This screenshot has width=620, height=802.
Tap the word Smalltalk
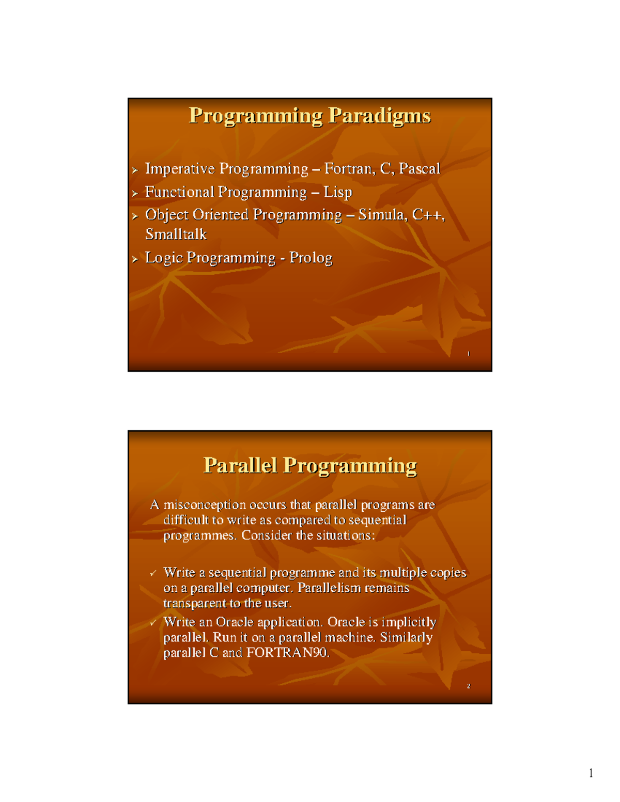click(176, 234)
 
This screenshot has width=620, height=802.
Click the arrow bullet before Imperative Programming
click(135, 170)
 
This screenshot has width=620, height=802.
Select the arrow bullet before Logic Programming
click(135, 259)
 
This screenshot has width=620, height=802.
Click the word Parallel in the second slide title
click(240, 465)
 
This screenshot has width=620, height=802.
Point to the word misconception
click(205, 505)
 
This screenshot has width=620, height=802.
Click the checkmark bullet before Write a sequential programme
click(153, 574)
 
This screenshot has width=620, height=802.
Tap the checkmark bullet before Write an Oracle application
click(153, 623)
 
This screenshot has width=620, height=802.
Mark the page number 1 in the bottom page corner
click(591, 773)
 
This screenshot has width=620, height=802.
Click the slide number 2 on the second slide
click(469, 686)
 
